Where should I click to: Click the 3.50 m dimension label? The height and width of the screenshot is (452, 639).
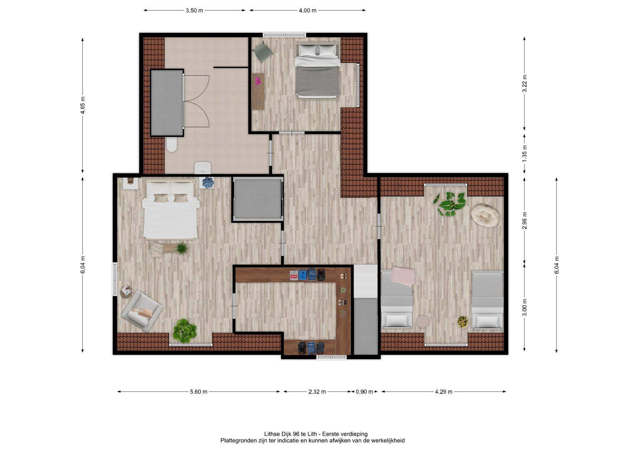point(194,10)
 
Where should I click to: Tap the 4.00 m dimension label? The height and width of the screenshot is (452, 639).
point(308,10)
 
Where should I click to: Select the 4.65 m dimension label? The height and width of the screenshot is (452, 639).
point(83,106)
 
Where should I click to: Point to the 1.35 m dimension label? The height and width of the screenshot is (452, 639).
point(524,153)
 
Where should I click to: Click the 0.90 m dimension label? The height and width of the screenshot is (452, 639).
point(364,392)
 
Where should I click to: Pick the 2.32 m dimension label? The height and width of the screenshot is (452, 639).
point(317,392)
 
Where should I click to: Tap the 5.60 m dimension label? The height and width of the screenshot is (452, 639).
point(198,392)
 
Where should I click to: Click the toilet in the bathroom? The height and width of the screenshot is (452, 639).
point(172,145)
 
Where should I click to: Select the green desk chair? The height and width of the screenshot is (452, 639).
point(263,52)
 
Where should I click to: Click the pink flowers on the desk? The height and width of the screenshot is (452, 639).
point(258,82)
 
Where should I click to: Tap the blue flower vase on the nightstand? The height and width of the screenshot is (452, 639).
point(208,183)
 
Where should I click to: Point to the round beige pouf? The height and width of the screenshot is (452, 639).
point(485,215)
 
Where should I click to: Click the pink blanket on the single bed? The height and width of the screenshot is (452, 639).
point(403,277)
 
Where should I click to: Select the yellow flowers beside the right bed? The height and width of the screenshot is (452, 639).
point(463,322)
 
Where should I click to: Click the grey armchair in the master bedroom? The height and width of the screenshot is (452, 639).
point(142,311)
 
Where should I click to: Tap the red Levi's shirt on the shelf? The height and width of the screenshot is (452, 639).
point(294,276)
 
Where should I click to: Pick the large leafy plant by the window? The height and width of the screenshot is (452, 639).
point(449,203)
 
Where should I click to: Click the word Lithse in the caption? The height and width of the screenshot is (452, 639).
point(271,434)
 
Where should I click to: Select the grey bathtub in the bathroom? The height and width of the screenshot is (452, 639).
point(167,103)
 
